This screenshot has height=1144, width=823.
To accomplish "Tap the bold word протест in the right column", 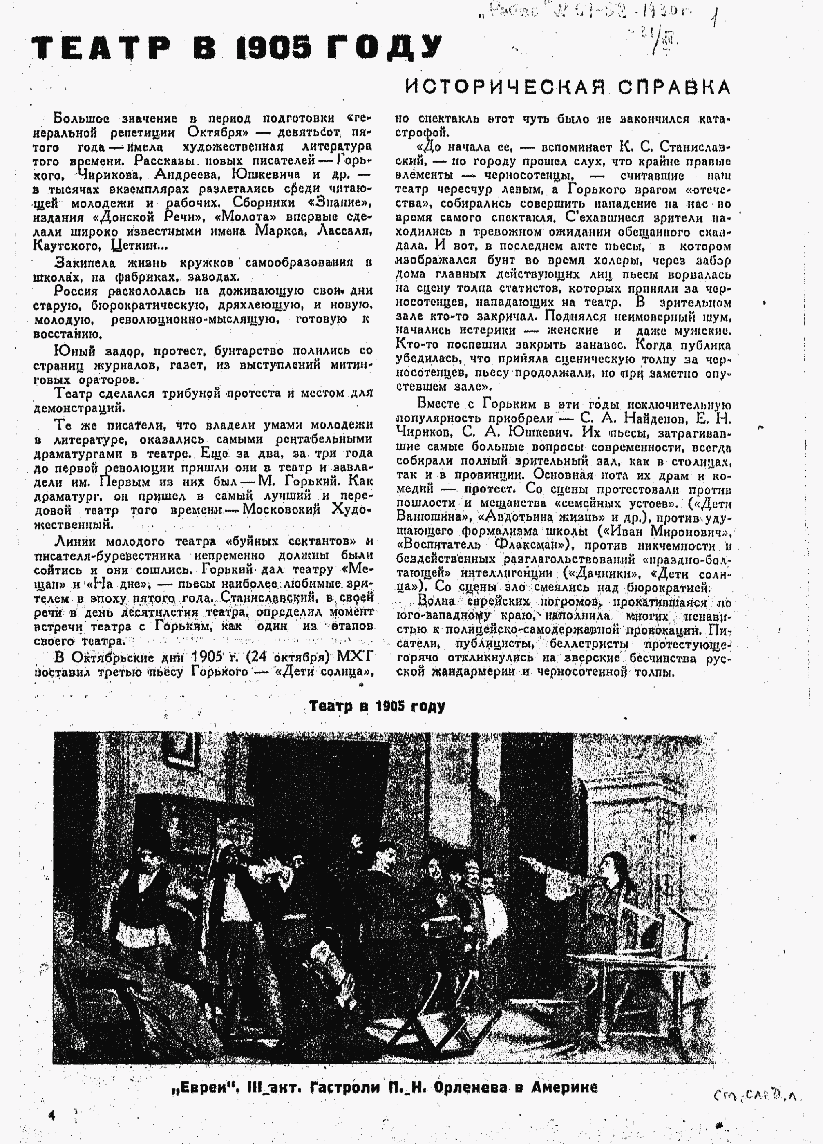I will [x=490, y=489].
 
